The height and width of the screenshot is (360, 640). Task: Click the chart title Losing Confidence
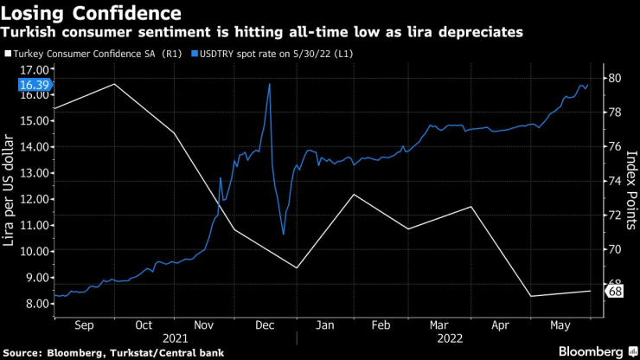point(93,13)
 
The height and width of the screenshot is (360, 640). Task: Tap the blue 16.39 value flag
point(35,85)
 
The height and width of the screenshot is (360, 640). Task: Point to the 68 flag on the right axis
point(616,292)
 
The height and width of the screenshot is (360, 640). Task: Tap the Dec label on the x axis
point(265,326)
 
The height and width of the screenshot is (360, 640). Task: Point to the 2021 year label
point(176,340)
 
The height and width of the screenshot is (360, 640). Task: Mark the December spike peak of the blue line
point(270,84)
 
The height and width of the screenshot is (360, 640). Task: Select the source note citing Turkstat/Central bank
point(112,352)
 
